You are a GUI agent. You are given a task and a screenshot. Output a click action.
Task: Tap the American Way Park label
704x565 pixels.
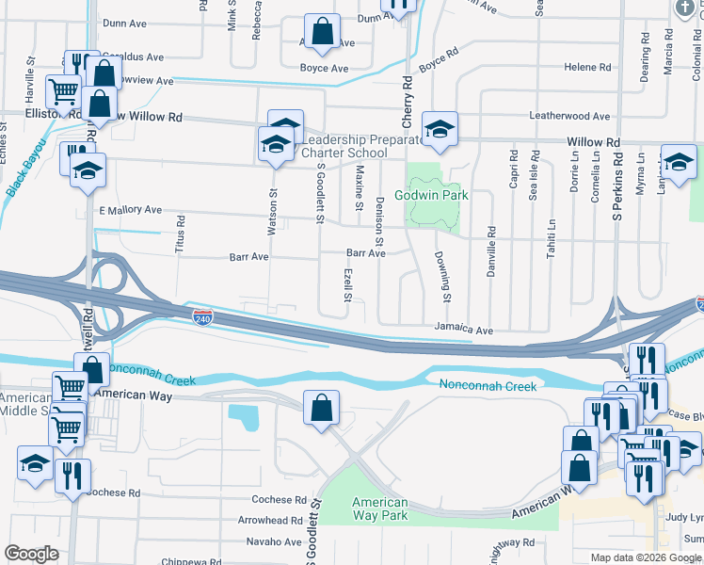click(380, 508)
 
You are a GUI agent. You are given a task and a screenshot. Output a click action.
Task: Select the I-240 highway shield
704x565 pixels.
click(201, 317)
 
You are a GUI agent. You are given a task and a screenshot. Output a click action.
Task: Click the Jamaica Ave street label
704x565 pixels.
click(464, 331)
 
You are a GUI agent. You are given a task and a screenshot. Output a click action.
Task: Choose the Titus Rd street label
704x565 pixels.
click(181, 235)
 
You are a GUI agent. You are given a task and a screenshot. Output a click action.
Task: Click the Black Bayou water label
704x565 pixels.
click(25, 168)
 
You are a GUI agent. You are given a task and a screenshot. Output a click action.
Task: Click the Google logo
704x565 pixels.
click(31, 554)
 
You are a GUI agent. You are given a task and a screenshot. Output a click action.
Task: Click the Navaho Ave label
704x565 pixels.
click(274, 541)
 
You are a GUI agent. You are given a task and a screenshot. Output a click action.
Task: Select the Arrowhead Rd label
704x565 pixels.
click(270, 520)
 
